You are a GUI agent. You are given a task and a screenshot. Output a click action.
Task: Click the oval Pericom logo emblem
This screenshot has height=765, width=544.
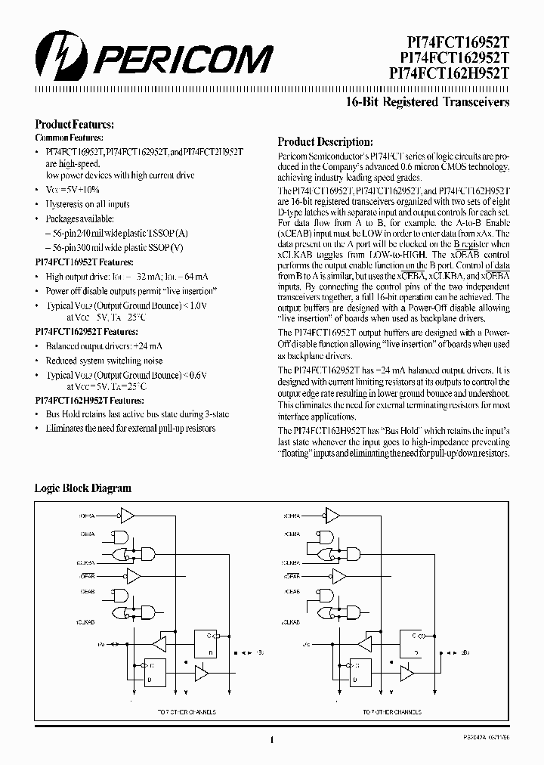pyautogui.click(x=57, y=57)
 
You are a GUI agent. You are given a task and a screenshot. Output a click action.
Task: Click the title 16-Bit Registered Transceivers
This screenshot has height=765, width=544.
pyautogui.click(x=448, y=102)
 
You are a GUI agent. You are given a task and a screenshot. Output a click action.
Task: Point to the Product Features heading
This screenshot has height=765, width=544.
pyautogui.click(x=75, y=124)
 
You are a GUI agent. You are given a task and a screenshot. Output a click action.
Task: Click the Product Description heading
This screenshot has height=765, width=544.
pyautogui.click(x=325, y=141)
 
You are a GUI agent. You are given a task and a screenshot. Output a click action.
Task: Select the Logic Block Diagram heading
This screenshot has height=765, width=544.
pyautogui.click(x=82, y=488)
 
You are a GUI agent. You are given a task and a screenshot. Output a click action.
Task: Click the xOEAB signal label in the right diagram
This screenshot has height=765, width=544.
pyautogui.click(x=294, y=575)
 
